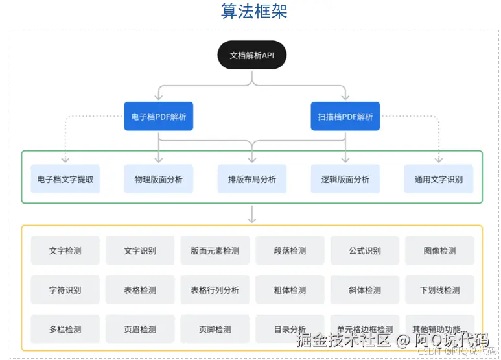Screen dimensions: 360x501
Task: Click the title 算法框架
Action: tap(254, 12)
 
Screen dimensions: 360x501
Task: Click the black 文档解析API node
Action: tap(252, 55)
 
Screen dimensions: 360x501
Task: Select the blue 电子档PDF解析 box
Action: tap(159, 117)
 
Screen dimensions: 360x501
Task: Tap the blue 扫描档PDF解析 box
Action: tap(345, 117)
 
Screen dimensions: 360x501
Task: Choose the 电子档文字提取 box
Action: tap(65, 179)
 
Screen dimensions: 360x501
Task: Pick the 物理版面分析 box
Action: tap(159, 179)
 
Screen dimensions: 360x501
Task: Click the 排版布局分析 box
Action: tap(252, 179)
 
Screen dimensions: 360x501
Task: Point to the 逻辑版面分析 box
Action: tap(345, 179)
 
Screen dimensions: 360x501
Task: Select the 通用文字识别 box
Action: tap(439, 179)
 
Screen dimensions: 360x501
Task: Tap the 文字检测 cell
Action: tap(65, 250)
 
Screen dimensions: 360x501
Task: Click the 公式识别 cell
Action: tap(365, 250)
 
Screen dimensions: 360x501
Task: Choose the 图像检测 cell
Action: tap(439, 250)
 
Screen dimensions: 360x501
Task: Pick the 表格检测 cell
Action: tap(140, 290)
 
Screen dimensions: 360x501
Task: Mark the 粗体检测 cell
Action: tap(290, 290)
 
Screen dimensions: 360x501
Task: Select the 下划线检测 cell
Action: tap(439, 290)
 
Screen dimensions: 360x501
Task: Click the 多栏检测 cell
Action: tap(65, 329)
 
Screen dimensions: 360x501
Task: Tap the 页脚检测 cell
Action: tap(215, 329)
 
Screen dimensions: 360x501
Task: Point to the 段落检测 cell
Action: tap(290, 250)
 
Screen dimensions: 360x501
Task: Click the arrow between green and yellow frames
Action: tap(252, 214)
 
